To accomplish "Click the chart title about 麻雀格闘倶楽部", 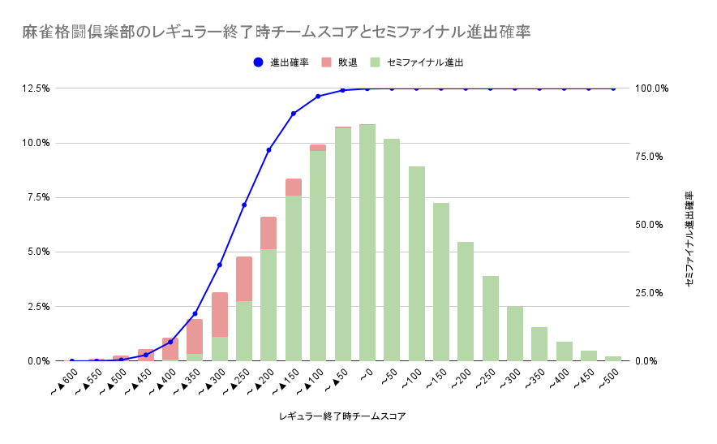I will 276,32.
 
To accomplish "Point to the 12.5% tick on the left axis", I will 37,88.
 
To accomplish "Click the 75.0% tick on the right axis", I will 652,156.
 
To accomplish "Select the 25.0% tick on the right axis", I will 652,292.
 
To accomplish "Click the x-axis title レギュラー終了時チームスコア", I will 341,416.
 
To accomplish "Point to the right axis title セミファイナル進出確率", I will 689,239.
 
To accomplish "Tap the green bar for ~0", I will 367,243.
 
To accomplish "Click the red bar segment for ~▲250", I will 244,278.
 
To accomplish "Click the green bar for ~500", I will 613,358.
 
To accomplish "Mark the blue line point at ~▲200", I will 268,150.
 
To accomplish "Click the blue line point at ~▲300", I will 220,265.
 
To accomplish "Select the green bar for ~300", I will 515,334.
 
